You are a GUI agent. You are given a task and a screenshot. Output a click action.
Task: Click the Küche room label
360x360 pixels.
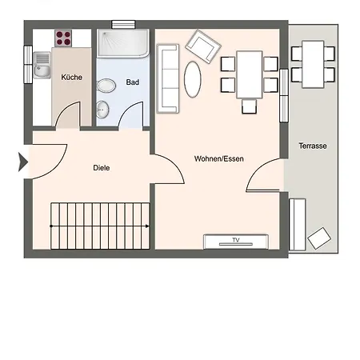(71, 78)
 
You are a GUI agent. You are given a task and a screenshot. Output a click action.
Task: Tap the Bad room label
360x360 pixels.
(133, 82)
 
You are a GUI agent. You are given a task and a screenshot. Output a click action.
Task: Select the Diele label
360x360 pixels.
(102, 168)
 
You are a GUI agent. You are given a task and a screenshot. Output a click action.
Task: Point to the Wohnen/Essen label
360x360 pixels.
(219, 159)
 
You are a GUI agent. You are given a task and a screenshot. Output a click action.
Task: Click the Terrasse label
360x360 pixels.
(313, 146)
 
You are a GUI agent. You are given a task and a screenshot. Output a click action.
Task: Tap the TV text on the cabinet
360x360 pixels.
(236, 240)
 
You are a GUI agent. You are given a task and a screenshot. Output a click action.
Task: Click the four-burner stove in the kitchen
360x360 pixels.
(63, 38)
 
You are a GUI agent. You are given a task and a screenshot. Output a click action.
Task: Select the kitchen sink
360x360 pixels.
(42, 65)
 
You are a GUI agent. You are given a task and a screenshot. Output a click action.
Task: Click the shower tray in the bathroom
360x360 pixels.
(123, 43)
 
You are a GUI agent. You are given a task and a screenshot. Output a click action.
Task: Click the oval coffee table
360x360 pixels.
(192, 79)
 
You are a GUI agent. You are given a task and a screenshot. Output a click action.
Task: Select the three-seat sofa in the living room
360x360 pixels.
(168, 78)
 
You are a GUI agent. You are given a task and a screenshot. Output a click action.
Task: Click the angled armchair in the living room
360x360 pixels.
(203, 46)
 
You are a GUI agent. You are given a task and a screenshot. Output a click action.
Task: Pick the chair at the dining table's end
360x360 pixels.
(250, 106)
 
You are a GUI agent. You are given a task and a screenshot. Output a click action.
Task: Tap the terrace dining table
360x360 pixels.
(313, 64)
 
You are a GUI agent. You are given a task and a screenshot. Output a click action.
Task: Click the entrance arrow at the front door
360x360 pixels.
(23, 162)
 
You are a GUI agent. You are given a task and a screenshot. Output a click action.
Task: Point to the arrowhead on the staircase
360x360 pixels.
(147, 226)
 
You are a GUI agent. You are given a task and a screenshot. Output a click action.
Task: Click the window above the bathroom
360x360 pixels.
(123, 25)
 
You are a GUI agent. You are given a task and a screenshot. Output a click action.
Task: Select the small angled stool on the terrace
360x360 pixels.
(319, 238)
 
